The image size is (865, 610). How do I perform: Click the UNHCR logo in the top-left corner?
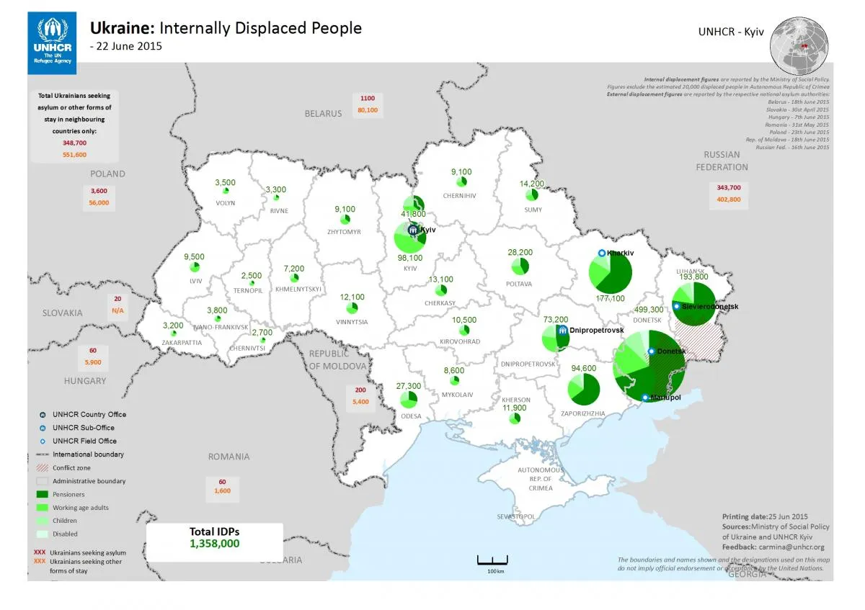(x=53, y=41)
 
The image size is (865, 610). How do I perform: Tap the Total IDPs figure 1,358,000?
(x=214, y=544)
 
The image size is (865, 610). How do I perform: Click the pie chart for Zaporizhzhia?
(x=584, y=388)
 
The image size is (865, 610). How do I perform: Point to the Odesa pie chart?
(x=409, y=398)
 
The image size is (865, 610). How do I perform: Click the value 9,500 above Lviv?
(x=194, y=257)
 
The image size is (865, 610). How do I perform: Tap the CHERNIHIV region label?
(x=459, y=196)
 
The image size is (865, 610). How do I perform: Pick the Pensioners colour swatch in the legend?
(x=43, y=495)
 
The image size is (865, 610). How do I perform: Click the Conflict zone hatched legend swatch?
(x=43, y=468)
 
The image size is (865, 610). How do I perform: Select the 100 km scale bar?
(x=493, y=560)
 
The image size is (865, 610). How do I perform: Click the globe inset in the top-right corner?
(x=798, y=44)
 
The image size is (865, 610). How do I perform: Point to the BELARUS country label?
(x=323, y=114)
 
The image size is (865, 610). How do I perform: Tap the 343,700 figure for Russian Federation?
(x=728, y=187)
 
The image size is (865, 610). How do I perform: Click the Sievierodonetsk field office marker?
(x=676, y=307)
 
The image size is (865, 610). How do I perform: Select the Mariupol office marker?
(x=645, y=398)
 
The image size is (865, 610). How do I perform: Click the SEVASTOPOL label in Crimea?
(x=515, y=517)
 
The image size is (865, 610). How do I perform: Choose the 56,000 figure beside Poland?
(x=99, y=203)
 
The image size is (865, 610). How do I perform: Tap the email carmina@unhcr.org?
(x=790, y=547)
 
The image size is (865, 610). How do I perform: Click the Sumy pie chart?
(x=533, y=194)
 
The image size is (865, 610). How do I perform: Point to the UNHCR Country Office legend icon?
(x=43, y=415)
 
